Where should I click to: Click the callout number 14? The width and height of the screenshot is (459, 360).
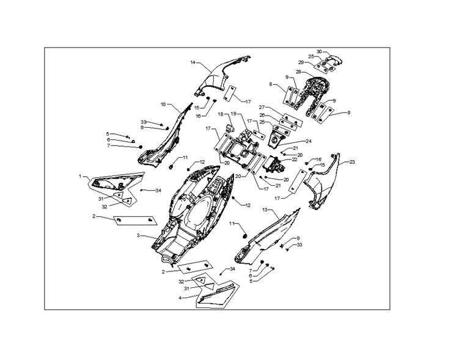[x=193, y=62]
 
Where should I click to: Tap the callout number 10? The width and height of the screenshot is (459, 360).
[x=163, y=104]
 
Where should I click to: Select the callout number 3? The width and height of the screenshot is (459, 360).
[x=138, y=235]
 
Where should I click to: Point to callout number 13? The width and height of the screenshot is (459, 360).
[x=265, y=210]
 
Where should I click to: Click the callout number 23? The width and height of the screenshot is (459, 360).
[x=352, y=161]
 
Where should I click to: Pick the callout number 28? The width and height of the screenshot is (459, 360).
[x=298, y=72]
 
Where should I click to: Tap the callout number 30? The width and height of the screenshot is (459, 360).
[x=319, y=51]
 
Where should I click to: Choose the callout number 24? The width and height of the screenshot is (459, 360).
[x=309, y=141]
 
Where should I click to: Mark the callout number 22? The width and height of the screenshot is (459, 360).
[x=295, y=160]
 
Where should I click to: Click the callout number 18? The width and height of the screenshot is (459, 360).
[x=220, y=114]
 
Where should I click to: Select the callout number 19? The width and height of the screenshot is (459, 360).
[x=233, y=113]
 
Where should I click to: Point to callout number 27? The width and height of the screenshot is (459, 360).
[x=262, y=107]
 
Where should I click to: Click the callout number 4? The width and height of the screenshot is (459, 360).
[x=180, y=298]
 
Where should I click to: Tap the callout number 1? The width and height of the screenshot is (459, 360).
[x=79, y=176]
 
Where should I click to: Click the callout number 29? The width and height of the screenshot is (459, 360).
[x=301, y=62]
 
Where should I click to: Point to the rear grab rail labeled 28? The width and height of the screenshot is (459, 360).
[x=316, y=90]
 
